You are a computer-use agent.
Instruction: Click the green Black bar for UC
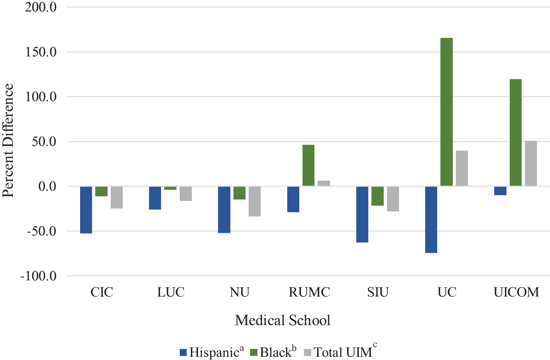point(446,112)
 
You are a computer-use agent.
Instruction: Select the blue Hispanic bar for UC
point(431,220)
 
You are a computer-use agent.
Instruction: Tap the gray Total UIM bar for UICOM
point(531,163)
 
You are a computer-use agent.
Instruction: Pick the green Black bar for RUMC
point(308,165)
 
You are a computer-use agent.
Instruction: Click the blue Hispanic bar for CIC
point(86,210)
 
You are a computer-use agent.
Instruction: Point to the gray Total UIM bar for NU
point(254,201)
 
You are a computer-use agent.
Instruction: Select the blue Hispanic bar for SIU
point(362,214)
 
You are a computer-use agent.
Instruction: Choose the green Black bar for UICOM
point(516,132)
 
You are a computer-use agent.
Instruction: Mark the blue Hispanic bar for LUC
point(155,198)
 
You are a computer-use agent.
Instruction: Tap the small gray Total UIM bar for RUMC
point(324,183)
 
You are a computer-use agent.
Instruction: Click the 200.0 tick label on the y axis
point(41,7)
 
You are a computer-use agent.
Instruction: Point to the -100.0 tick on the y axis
point(39,276)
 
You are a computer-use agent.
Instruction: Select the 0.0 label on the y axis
point(48,186)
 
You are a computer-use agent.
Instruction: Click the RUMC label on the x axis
point(309,292)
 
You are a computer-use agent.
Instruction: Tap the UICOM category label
point(516,292)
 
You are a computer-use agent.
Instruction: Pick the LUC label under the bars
point(171,292)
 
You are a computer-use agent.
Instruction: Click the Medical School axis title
point(283,320)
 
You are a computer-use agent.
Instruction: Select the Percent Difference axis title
point(7,140)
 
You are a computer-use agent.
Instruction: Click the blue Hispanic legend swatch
point(183,353)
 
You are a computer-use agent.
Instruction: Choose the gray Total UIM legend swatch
point(308,353)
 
